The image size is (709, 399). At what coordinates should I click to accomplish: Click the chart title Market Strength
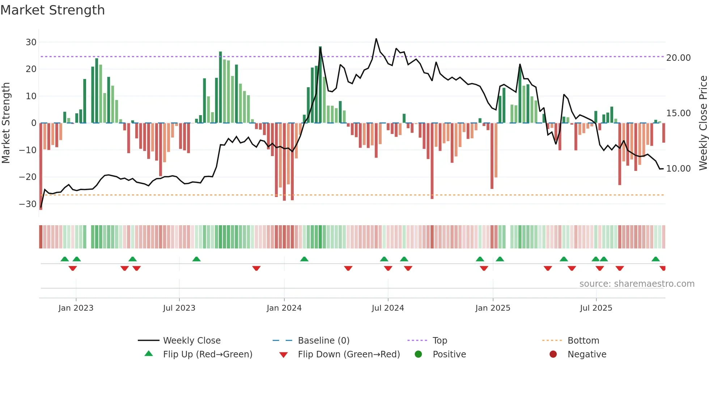(52, 10)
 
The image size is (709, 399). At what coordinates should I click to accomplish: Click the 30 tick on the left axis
(31, 42)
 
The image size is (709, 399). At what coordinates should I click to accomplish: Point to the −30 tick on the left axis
(28, 204)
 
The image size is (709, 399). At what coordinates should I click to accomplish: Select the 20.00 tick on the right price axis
(678, 58)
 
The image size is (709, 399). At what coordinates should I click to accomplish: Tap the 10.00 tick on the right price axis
(678, 169)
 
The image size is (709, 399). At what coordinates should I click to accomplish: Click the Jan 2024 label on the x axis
(284, 308)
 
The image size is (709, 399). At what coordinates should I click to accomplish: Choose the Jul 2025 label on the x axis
(596, 308)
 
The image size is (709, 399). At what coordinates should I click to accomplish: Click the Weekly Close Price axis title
(703, 123)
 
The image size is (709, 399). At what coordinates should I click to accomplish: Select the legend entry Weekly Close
(191, 341)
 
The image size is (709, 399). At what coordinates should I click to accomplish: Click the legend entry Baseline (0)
(323, 341)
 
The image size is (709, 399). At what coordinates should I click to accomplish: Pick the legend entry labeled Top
(440, 341)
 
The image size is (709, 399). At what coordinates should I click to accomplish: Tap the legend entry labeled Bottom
(583, 341)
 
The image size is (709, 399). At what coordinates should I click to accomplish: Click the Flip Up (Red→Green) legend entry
(207, 354)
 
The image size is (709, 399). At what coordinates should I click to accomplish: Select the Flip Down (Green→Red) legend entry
(349, 354)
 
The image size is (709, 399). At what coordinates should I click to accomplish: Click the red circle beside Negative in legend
(553, 354)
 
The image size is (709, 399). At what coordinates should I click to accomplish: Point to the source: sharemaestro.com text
(637, 284)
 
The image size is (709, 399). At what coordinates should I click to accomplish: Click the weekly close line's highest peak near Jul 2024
(376, 39)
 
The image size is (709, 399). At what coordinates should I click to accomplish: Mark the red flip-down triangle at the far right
(663, 268)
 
